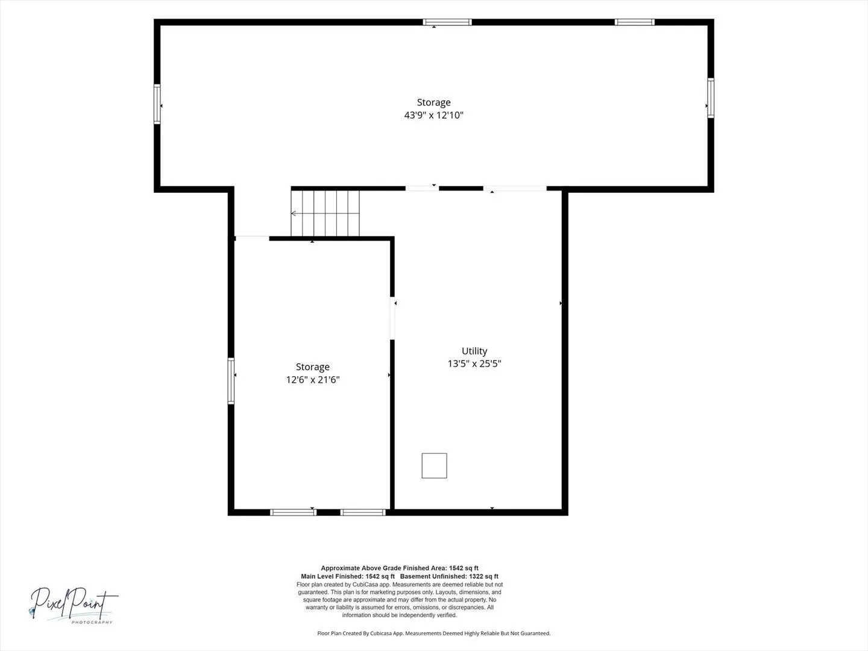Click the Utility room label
pos(474,351)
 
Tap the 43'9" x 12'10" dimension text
pos(433,115)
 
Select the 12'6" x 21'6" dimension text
pos(313,380)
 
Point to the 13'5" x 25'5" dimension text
pos(474,363)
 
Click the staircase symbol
pos(325,213)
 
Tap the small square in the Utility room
pos(434,465)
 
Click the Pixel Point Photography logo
pos(74,605)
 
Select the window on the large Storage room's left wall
pos(157,104)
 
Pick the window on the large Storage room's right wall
pos(711,98)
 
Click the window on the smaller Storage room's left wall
pos(231,381)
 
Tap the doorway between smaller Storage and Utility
pos(392,318)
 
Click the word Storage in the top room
pos(433,102)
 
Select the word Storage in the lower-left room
pos(313,367)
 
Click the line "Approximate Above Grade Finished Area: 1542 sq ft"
pos(400,568)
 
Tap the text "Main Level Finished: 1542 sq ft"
pos(348,576)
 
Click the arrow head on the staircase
pos(294,213)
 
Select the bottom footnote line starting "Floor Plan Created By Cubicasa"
pos(434,633)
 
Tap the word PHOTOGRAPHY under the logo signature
pos(92,623)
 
